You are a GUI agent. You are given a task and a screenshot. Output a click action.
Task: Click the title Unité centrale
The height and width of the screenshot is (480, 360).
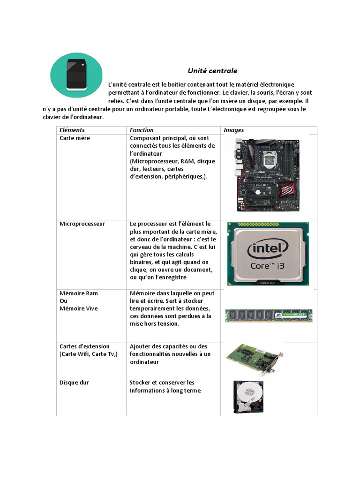point(212,71)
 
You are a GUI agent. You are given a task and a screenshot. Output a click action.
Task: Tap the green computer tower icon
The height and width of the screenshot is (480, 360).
point(77,75)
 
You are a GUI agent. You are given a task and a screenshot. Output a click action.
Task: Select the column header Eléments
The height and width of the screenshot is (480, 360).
point(72,130)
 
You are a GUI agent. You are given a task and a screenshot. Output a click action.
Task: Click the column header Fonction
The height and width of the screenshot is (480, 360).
point(142,130)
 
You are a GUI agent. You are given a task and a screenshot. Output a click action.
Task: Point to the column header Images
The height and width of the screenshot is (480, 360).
point(234,130)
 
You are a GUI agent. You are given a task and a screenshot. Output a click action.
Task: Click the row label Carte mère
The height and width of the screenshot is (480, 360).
point(75,138)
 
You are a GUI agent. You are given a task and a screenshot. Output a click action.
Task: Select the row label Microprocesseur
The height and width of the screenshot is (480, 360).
point(82,224)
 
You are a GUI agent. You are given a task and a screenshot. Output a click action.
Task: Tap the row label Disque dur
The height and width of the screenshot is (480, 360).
point(74,382)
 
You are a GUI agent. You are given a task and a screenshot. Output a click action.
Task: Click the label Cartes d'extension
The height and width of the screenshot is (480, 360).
point(84,346)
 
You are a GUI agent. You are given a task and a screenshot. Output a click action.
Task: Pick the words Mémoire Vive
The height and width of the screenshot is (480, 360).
point(79,308)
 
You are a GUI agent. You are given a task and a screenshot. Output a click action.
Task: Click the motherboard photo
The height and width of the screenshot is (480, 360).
point(265,175)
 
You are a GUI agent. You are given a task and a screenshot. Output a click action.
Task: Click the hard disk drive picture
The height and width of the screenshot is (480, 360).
point(248,397)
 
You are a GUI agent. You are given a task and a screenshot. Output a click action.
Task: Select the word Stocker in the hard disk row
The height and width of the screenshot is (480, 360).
point(141,382)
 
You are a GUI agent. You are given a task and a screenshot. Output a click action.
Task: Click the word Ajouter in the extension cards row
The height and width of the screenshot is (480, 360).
point(142,346)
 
